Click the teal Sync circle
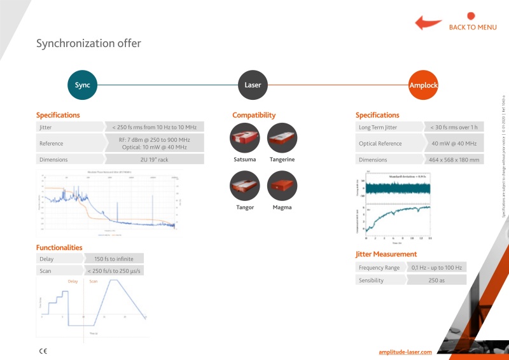(83, 85)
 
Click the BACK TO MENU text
(472, 27)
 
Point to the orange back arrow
(428, 24)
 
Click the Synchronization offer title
(88, 44)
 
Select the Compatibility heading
(254, 115)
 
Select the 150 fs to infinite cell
(113, 259)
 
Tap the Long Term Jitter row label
(380, 127)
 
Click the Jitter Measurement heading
(386, 254)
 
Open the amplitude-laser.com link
(405, 351)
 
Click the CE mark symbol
(43, 350)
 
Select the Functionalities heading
(59, 247)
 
